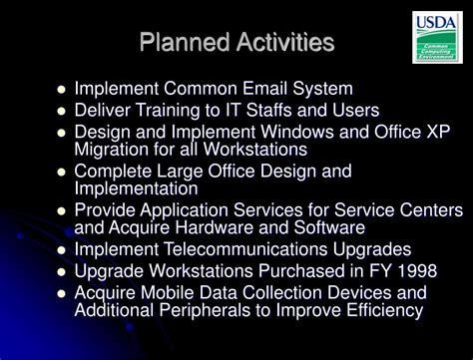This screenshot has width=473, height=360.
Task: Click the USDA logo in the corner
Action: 436,37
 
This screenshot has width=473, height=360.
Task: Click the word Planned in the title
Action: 179,43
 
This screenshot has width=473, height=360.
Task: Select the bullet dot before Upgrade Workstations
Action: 62,271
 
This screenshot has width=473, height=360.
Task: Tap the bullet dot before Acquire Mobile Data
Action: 62,293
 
